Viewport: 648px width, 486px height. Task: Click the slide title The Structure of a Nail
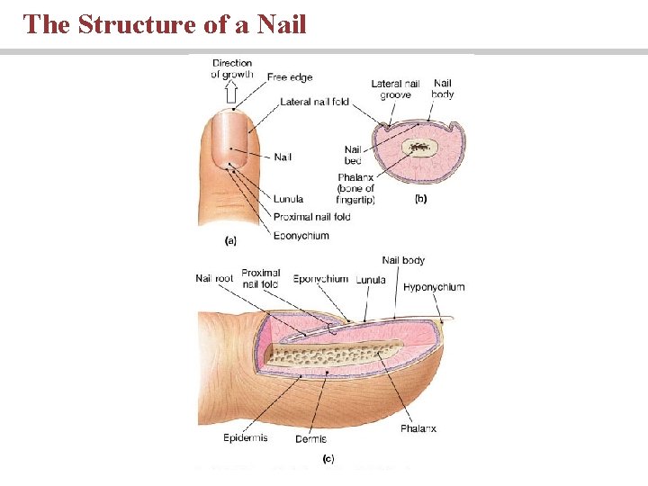point(165,24)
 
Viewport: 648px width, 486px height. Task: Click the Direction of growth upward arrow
point(230,93)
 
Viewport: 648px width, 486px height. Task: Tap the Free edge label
point(290,78)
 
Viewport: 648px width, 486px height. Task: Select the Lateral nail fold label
point(314,102)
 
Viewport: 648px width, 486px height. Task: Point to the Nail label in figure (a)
point(283,157)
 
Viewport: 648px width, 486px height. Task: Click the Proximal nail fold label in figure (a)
point(313,217)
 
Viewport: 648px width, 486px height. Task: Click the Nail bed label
point(354,155)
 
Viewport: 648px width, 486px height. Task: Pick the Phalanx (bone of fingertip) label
point(356,188)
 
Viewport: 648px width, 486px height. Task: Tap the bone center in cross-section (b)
point(419,147)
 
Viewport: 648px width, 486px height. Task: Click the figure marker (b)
point(419,200)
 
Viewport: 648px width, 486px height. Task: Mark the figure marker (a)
point(231,240)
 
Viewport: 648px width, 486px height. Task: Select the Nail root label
point(214,279)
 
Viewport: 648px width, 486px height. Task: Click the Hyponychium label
point(435,287)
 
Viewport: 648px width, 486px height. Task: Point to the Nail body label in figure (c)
point(403,261)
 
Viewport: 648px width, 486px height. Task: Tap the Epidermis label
point(246,438)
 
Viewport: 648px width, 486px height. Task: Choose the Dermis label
point(310,439)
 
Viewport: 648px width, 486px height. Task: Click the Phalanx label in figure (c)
point(418,428)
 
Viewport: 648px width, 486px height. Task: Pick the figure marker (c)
point(328,458)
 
